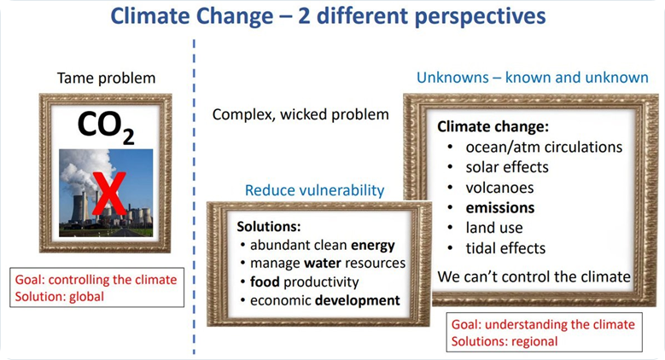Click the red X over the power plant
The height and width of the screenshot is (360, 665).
tap(109, 194)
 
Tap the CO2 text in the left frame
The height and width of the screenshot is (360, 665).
tap(106, 127)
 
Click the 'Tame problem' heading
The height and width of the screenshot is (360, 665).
tap(107, 78)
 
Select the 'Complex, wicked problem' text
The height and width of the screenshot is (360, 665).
tap(300, 115)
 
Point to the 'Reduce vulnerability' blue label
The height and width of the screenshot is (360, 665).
tap(315, 190)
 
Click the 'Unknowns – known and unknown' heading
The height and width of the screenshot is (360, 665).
tap(532, 78)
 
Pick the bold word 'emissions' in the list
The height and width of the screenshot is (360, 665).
tap(500, 208)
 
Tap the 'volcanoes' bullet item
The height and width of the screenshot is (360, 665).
tap(499, 188)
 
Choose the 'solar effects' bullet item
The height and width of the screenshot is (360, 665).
tap(507, 167)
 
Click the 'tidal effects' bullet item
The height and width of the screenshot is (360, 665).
tap(505, 248)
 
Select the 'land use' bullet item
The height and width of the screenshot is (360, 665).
tap(494, 228)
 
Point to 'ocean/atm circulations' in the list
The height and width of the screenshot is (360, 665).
tap(544, 147)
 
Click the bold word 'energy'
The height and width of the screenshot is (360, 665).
tap(373, 246)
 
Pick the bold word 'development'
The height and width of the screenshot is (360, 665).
tap(358, 300)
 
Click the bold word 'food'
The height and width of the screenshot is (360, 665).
tap(265, 282)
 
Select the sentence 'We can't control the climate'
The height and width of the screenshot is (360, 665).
tap(534, 277)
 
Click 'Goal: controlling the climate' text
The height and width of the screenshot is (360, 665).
tap(96, 280)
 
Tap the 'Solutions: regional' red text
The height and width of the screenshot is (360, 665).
tap(505, 341)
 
